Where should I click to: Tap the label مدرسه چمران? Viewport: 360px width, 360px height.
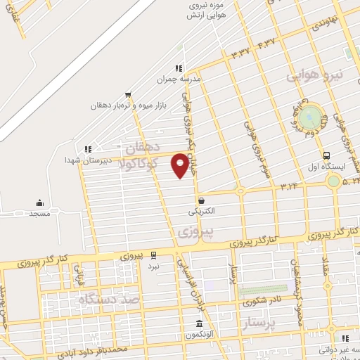click(x=181, y=80)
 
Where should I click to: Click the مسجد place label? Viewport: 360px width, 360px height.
click(x=39, y=212)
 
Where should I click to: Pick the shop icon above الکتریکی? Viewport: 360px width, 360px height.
click(x=201, y=200)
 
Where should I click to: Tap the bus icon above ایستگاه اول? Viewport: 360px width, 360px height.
click(x=326, y=155)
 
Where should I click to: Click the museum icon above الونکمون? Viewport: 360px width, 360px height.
click(x=199, y=323)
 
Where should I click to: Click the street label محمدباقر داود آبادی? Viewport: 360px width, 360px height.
click(x=98, y=349)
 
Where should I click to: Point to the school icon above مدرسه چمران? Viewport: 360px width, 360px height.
click(x=179, y=68)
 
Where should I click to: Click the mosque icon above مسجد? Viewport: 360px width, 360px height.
click(x=39, y=203)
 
